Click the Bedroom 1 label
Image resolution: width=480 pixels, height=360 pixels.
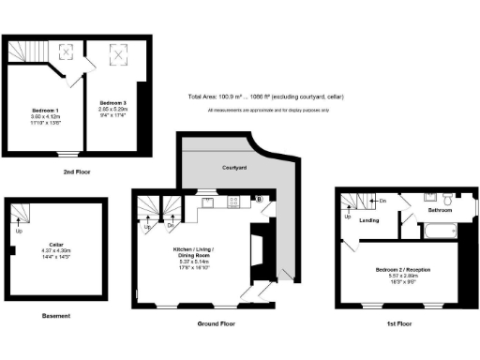point(44,111)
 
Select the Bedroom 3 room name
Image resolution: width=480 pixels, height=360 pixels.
point(112,102)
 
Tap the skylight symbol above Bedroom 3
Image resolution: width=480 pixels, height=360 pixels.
point(120,56)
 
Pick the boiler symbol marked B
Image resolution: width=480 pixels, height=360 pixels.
point(259,200)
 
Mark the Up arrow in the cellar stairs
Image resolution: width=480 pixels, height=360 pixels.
point(19,231)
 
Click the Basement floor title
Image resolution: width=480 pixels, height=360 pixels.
point(56,316)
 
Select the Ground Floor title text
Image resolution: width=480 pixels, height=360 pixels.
point(215,322)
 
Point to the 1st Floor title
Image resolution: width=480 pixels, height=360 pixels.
point(400,322)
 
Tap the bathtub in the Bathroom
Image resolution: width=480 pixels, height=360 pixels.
point(434,199)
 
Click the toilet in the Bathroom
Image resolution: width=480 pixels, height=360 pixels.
point(449,200)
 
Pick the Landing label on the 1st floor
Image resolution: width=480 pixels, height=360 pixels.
point(368,221)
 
